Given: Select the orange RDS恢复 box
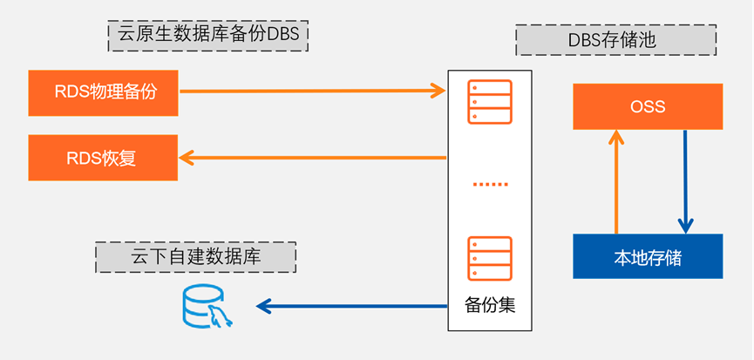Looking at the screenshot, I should [x=103, y=158].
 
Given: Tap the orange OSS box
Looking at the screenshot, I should [x=647, y=106].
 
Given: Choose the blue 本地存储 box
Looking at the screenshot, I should [x=647, y=256].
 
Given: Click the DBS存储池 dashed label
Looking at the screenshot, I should [x=615, y=40].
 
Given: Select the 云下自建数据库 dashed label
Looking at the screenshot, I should [x=195, y=256].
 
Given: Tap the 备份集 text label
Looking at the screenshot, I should [x=489, y=306].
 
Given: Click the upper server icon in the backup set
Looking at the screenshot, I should [x=489, y=100].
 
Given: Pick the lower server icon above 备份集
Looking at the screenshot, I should [x=489, y=258].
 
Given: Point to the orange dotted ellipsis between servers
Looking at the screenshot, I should [x=489, y=185].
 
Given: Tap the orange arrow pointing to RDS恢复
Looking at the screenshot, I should [x=313, y=158].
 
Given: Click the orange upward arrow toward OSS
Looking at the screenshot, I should [x=616, y=183].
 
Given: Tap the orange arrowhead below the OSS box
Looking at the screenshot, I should [x=616, y=137].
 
